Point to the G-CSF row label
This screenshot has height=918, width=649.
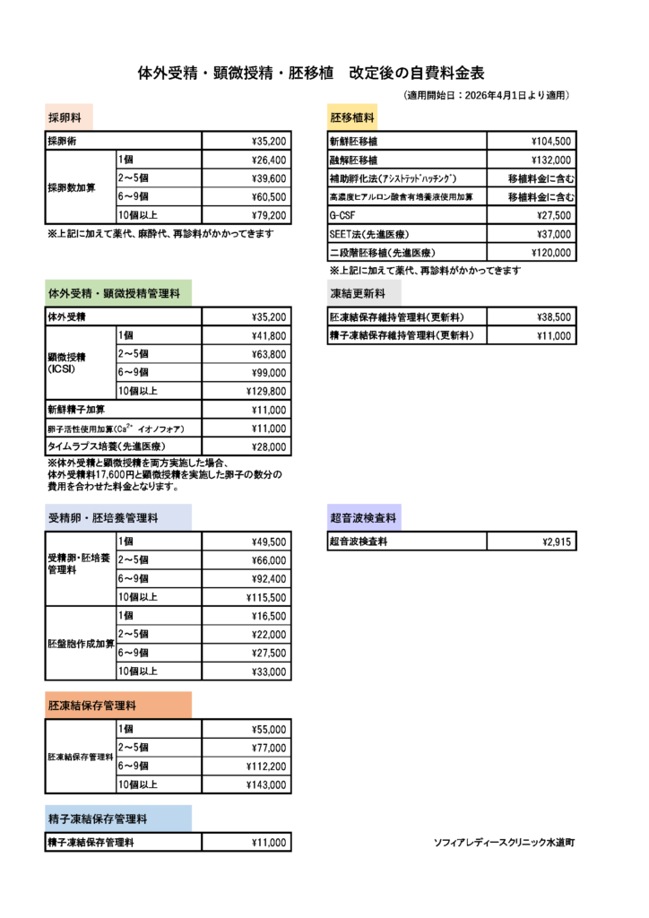339,216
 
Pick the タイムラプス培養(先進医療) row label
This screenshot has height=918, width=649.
107,446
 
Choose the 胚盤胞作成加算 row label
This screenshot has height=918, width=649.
81,644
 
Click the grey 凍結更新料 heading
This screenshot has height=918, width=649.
357,293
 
